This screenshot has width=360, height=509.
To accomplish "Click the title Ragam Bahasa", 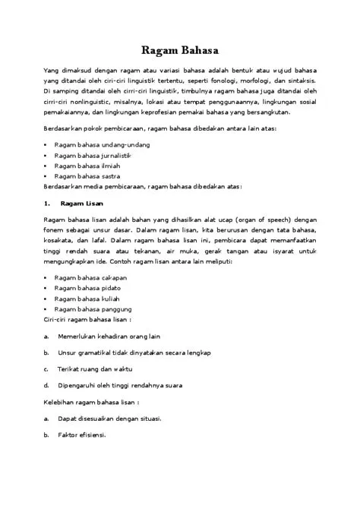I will pos(180,51).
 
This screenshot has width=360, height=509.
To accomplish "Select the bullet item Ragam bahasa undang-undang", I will pos(96,144).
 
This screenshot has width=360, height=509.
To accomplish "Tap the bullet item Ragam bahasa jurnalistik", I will pos(89,154).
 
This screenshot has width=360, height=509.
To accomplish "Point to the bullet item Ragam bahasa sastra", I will pos(83,175).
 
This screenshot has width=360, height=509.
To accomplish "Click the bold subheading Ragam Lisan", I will pos(83,204).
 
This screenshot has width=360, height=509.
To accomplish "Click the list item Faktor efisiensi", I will pos(82,435).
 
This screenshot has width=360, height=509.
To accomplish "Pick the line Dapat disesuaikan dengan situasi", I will pos(109,418).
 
